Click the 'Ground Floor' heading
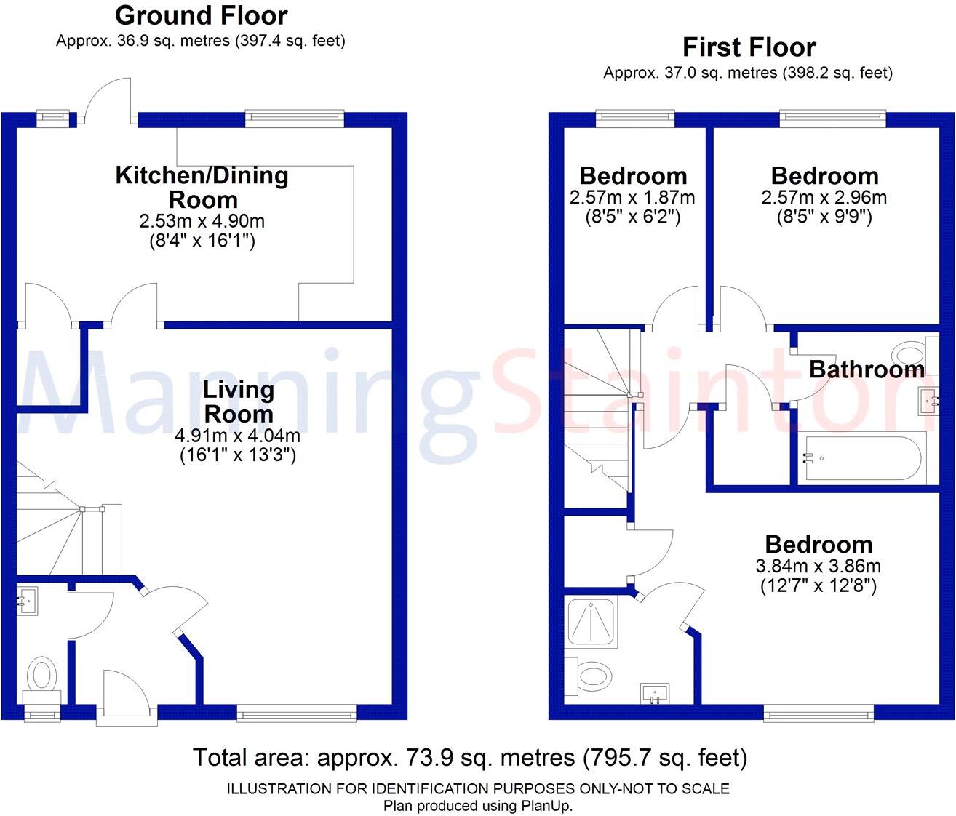(x=201, y=15)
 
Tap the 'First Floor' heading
(x=749, y=47)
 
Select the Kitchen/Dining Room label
(x=202, y=167)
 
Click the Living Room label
(x=238, y=401)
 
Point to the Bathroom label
(x=867, y=369)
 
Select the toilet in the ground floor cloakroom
(x=42, y=674)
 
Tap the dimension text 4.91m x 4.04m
(x=238, y=436)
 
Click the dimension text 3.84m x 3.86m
(x=818, y=567)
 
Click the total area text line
(x=470, y=758)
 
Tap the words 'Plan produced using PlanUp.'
(x=478, y=806)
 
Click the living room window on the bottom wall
(x=296, y=713)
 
